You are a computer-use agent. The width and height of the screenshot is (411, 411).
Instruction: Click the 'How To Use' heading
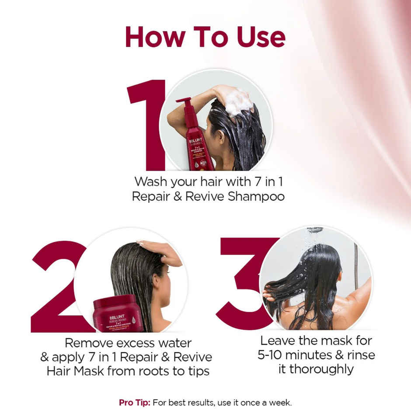(x=205, y=37)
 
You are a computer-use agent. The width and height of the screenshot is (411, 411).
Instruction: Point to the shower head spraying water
(x=315, y=230)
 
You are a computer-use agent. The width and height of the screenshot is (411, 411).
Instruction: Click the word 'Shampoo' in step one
(x=256, y=196)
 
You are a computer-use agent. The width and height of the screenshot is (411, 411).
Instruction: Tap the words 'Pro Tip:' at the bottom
(x=132, y=402)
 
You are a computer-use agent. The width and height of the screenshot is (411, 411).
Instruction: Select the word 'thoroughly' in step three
(x=316, y=369)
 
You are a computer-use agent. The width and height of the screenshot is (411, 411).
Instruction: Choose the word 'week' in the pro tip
(x=280, y=402)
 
